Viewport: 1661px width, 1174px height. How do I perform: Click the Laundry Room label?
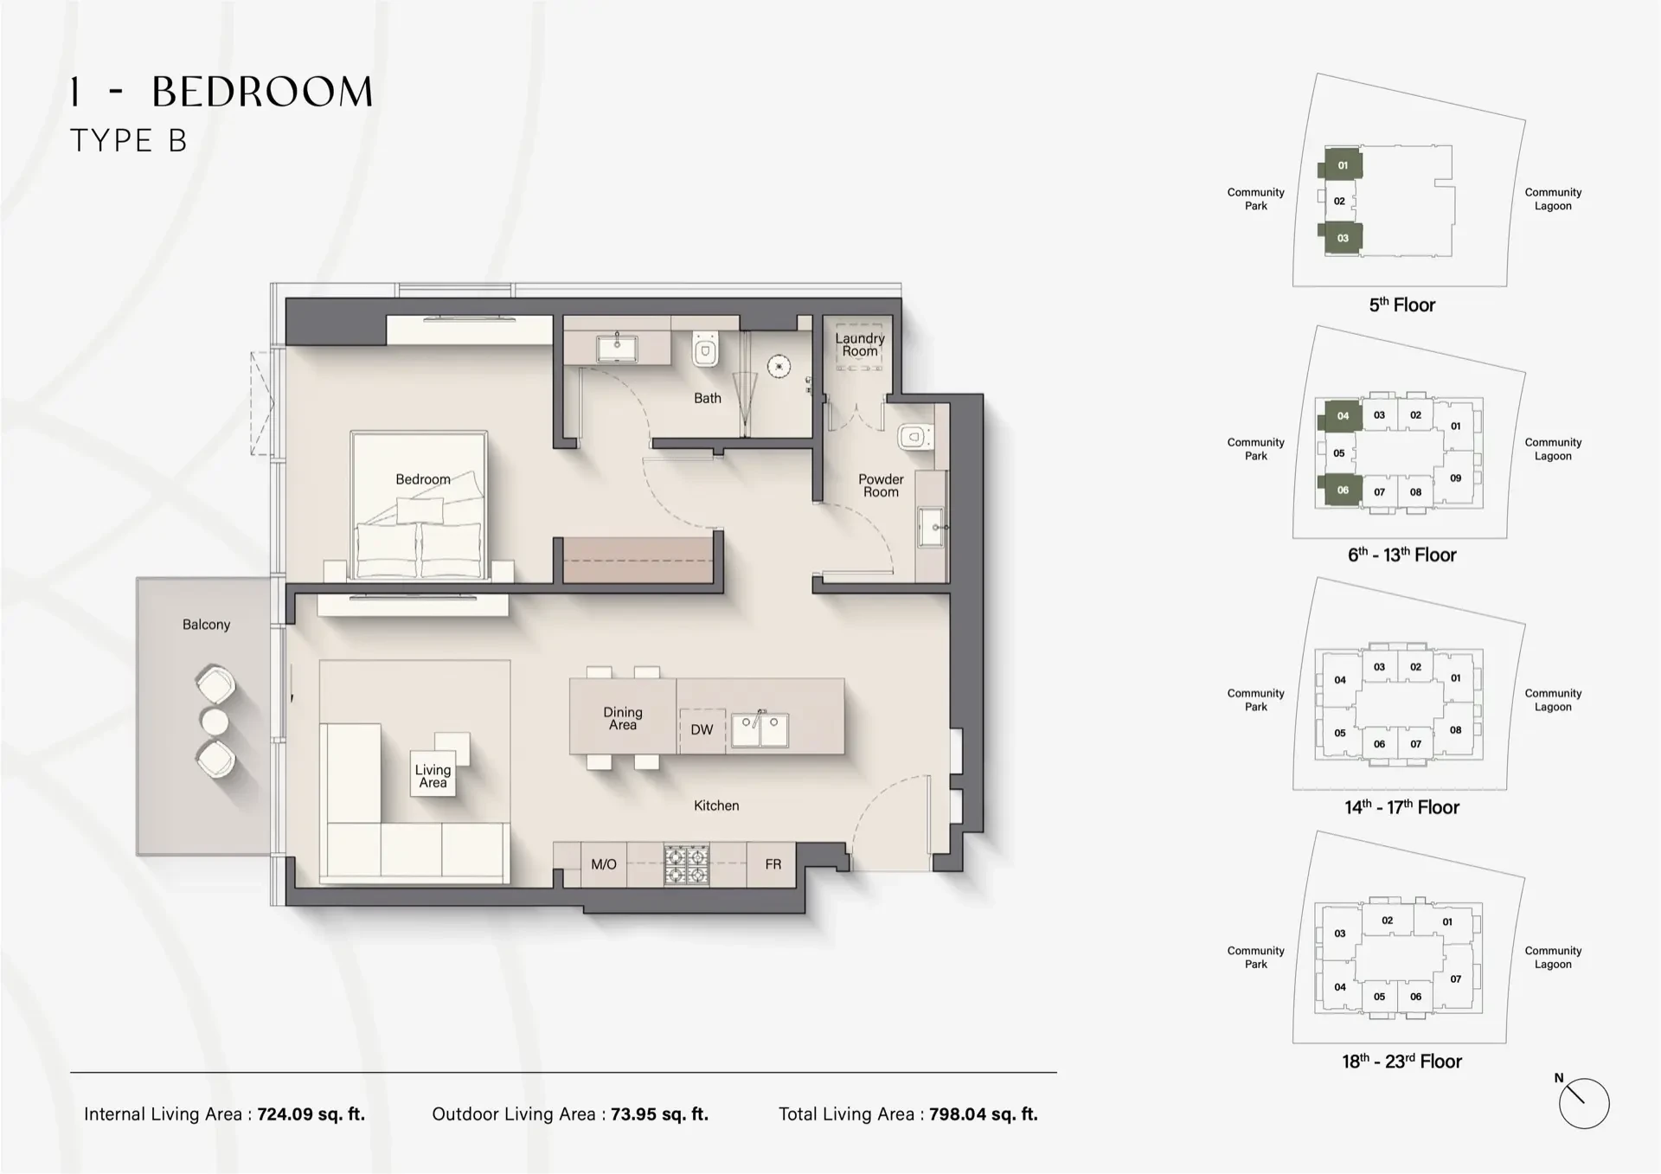[860, 344]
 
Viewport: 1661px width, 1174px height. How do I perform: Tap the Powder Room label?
[881, 485]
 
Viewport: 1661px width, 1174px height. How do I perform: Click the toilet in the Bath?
[705, 350]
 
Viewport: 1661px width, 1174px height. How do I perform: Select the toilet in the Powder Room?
[913, 437]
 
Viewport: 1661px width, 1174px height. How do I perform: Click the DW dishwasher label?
[702, 729]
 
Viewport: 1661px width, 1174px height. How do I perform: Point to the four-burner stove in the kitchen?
[686, 864]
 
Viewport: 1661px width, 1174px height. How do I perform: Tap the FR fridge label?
[773, 864]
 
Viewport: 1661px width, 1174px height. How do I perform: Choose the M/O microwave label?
[603, 864]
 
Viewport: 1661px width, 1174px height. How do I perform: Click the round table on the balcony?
[214, 721]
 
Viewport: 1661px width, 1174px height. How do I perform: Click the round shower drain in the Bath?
[779, 366]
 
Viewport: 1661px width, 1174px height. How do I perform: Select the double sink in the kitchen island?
[760, 729]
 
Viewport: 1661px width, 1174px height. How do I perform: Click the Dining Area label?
[623, 718]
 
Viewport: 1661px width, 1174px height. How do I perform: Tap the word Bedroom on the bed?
[422, 479]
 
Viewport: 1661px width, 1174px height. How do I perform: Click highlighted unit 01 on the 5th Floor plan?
[1343, 165]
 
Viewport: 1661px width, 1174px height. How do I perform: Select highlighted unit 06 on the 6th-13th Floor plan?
[1343, 490]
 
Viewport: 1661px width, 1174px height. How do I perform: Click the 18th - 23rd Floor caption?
[1401, 1062]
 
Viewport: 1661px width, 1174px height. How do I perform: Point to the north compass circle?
[1583, 1104]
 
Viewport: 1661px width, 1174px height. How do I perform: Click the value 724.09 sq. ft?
[311, 1114]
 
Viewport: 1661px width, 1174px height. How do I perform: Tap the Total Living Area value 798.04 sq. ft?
[983, 1114]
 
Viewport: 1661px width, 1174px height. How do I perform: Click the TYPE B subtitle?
[128, 141]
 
